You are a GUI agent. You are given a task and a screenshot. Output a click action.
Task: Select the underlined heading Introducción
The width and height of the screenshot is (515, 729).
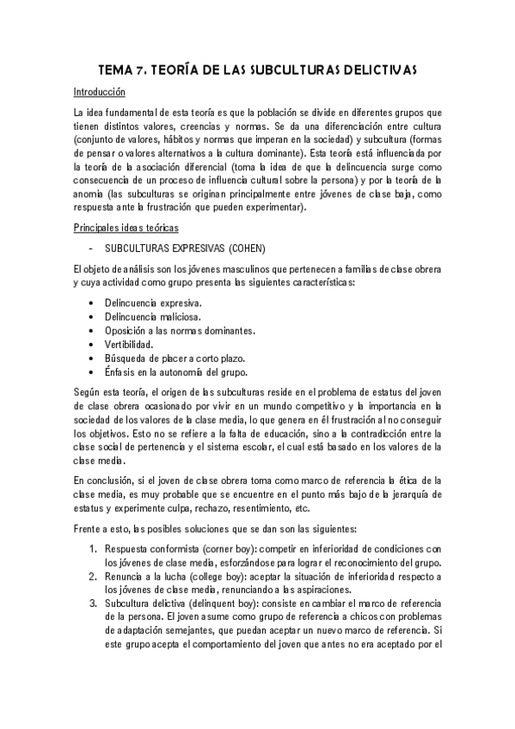coord(99,92)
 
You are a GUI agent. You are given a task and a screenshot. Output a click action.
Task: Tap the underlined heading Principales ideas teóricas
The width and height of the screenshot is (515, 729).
coord(126,227)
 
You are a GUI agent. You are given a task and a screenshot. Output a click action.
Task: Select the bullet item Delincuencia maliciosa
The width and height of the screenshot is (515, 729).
coord(154,317)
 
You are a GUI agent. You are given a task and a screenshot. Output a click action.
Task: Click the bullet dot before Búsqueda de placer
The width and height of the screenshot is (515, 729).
coord(92,358)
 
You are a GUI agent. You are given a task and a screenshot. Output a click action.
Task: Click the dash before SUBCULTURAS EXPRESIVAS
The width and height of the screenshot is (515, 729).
coord(91,248)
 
